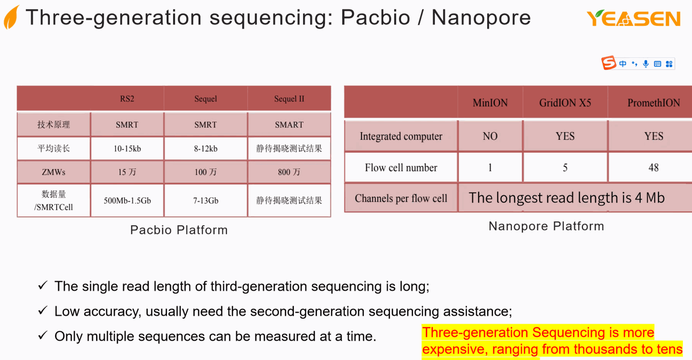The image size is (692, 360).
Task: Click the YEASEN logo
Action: point(634,19)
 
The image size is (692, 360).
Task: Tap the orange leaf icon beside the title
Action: point(12,18)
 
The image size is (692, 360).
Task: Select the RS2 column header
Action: point(127,99)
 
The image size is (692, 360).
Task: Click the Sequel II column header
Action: point(289,99)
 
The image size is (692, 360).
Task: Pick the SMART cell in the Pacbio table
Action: point(289,125)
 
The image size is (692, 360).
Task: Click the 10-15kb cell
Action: point(127,148)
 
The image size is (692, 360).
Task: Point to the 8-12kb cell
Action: point(205,148)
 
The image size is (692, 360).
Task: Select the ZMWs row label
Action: point(53,172)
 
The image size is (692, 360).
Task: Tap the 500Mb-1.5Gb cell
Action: point(127,200)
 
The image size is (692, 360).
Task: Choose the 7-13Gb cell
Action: point(205,200)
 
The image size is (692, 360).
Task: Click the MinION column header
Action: point(490,103)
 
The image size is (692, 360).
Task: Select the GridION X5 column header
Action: point(565,103)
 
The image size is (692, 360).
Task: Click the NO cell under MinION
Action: point(490,136)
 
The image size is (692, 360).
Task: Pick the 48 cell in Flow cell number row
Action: point(653,168)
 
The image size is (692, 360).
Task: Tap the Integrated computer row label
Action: point(401,136)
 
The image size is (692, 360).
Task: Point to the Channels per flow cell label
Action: point(401,198)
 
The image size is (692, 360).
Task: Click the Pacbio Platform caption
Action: point(179,230)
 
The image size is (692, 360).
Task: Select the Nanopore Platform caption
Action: point(546,226)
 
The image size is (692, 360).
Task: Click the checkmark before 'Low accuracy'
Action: point(43,311)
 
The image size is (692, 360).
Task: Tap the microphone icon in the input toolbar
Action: point(646,64)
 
